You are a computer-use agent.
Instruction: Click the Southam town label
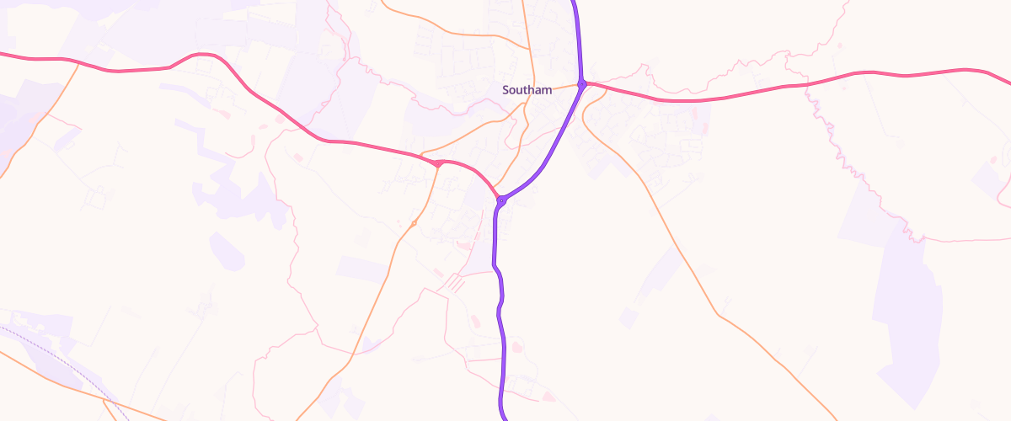pos(527,89)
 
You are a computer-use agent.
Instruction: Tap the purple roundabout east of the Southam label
pos(582,83)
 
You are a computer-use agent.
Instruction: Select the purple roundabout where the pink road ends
pos(501,200)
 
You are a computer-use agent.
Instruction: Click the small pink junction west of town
pos(439,163)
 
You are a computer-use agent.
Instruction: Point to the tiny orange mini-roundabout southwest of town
pos(414,223)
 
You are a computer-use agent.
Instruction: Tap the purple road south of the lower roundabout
pos(502,337)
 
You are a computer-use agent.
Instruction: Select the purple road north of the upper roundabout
pos(579,34)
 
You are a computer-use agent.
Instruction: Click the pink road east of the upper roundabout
pos(716,98)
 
